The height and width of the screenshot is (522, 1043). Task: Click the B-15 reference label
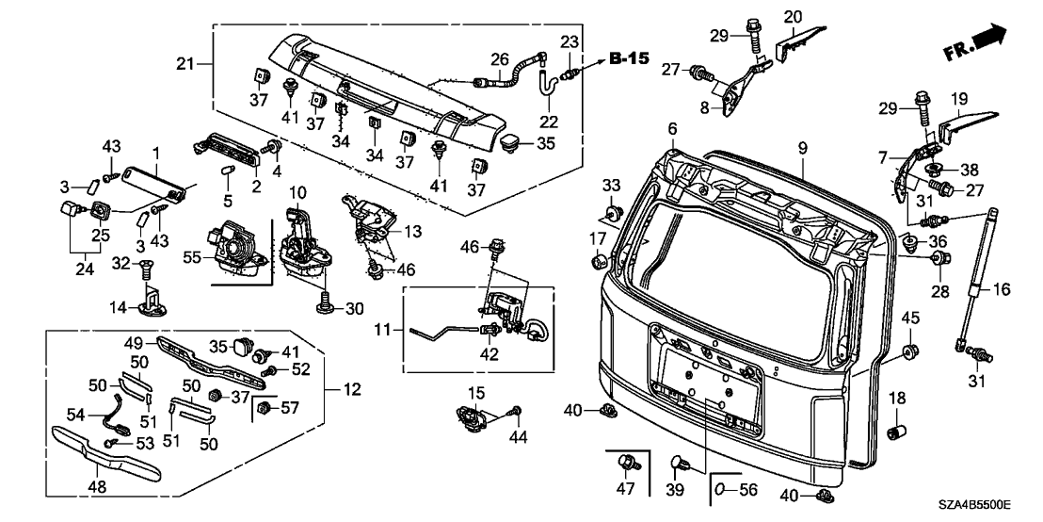[629, 58]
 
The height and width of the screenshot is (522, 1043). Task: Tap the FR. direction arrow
[981, 43]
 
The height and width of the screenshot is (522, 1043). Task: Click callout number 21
[186, 63]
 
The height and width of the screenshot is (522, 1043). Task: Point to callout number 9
[803, 148]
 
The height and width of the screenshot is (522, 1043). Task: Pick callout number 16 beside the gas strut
[1002, 289]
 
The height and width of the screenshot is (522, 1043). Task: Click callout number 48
[96, 486]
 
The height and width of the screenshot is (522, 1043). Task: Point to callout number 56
[746, 490]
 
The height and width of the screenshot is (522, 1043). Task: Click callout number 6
[673, 128]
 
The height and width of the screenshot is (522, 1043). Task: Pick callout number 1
[157, 152]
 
